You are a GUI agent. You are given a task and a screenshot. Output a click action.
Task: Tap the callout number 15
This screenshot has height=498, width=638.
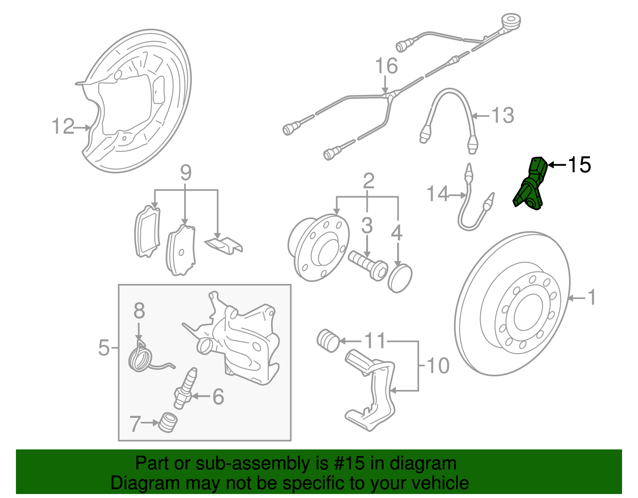[x=579, y=165]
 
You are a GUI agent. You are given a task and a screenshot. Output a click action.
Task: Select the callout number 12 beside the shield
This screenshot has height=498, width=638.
[x=63, y=127]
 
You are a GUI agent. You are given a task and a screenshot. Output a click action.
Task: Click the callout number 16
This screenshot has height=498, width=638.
[x=386, y=66]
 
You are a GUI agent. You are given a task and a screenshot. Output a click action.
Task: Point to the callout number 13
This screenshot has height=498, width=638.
[x=502, y=116]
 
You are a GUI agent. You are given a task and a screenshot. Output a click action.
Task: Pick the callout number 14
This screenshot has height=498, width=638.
[x=437, y=194]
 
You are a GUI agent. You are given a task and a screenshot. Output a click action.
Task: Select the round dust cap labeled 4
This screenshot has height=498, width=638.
[x=400, y=278]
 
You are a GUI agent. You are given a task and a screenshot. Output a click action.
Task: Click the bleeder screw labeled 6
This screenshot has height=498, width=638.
[x=185, y=389]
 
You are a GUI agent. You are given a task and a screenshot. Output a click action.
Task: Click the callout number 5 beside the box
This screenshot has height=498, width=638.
[x=104, y=348]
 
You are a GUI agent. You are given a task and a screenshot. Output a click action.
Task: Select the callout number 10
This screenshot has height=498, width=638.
[x=438, y=366]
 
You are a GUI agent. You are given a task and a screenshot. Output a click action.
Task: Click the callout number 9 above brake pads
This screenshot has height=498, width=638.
[x=185, y=173]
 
